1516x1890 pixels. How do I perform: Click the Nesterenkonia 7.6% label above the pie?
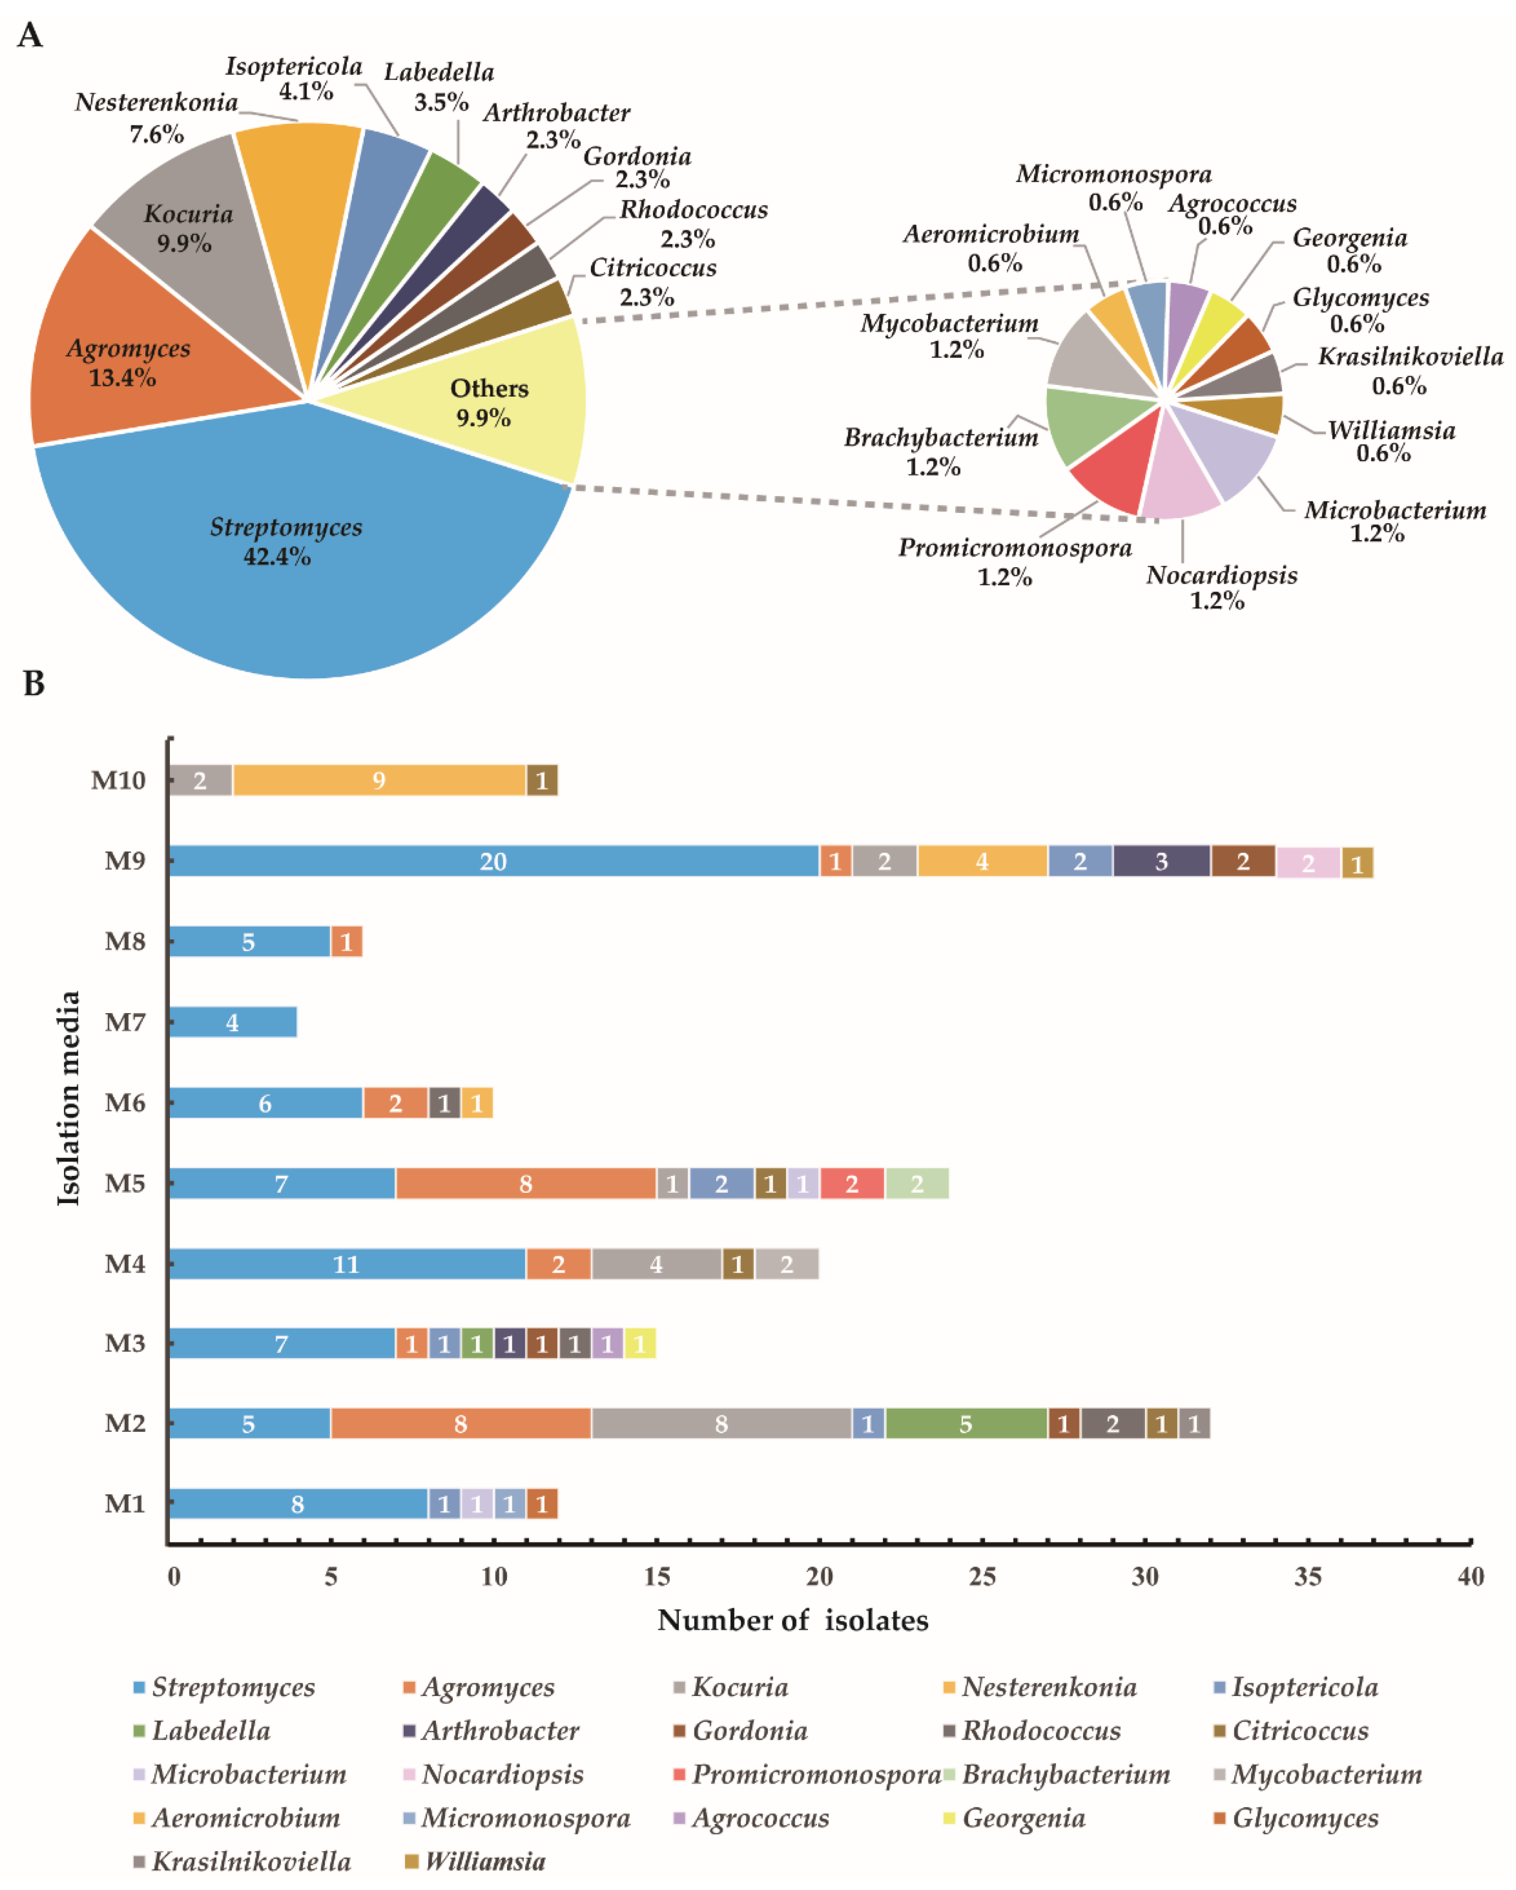coord(156,117)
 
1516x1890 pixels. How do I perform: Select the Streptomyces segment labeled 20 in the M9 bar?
coord(493,861)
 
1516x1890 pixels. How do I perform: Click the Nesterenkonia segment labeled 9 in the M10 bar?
coord(379,780)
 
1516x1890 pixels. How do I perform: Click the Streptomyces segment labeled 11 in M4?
coord(347,1264)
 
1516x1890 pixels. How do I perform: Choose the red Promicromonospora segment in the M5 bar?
coord(852,1184)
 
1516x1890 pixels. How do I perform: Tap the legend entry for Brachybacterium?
coord(1065,1774)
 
